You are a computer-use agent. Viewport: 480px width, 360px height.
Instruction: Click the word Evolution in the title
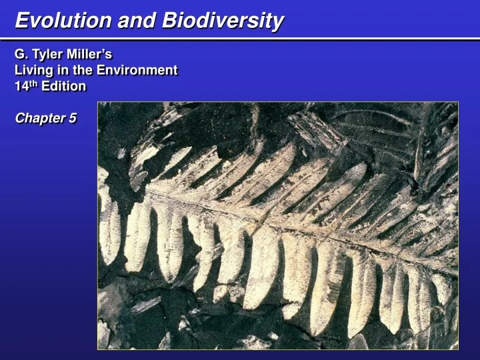pos(64,21)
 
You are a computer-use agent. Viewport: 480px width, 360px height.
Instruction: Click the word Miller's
pos(91,54)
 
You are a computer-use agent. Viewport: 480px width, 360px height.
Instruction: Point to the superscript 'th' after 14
pos(33,84)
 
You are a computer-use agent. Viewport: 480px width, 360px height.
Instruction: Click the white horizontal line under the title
pos(240,39)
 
